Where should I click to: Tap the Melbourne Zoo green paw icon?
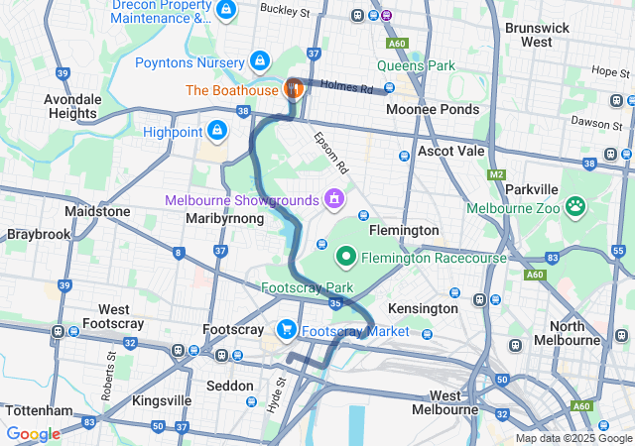point(574,207)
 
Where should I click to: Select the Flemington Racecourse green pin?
point(346,257)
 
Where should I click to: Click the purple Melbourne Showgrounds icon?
point(335,199)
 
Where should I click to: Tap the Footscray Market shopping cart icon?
point(287,329)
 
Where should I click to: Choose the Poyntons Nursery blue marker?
point(260,61)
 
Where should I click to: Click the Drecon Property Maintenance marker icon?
point(226,11)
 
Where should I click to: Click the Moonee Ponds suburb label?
point(432,109)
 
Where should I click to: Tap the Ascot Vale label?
point(450,152)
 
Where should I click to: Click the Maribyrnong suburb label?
point(224,218)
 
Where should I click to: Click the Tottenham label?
point(39,410)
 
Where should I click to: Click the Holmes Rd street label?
point(353,88)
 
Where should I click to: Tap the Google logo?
point(33,433)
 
